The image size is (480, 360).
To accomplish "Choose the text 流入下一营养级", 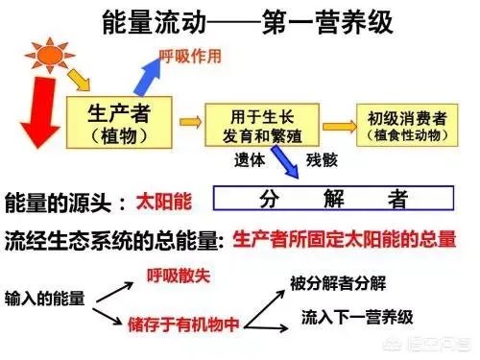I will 356,315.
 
